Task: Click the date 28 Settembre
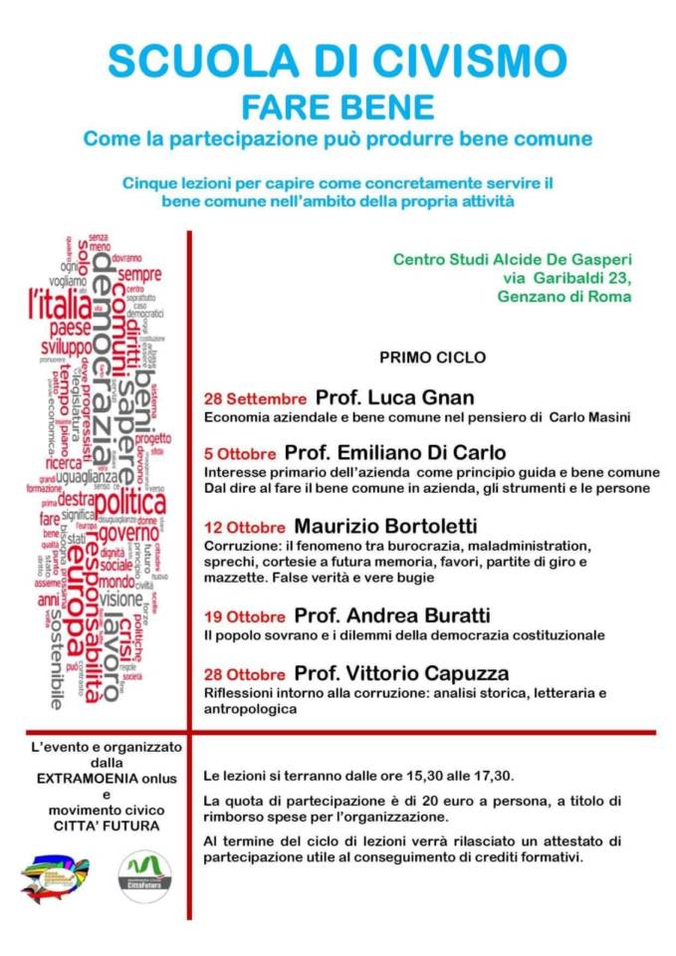255,398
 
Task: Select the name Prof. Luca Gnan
394,396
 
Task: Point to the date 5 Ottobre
240,453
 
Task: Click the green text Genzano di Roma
563,297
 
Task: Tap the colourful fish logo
56,877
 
